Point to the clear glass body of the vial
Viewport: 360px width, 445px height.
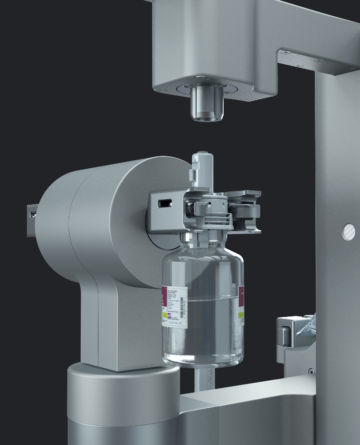click(205, 310)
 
